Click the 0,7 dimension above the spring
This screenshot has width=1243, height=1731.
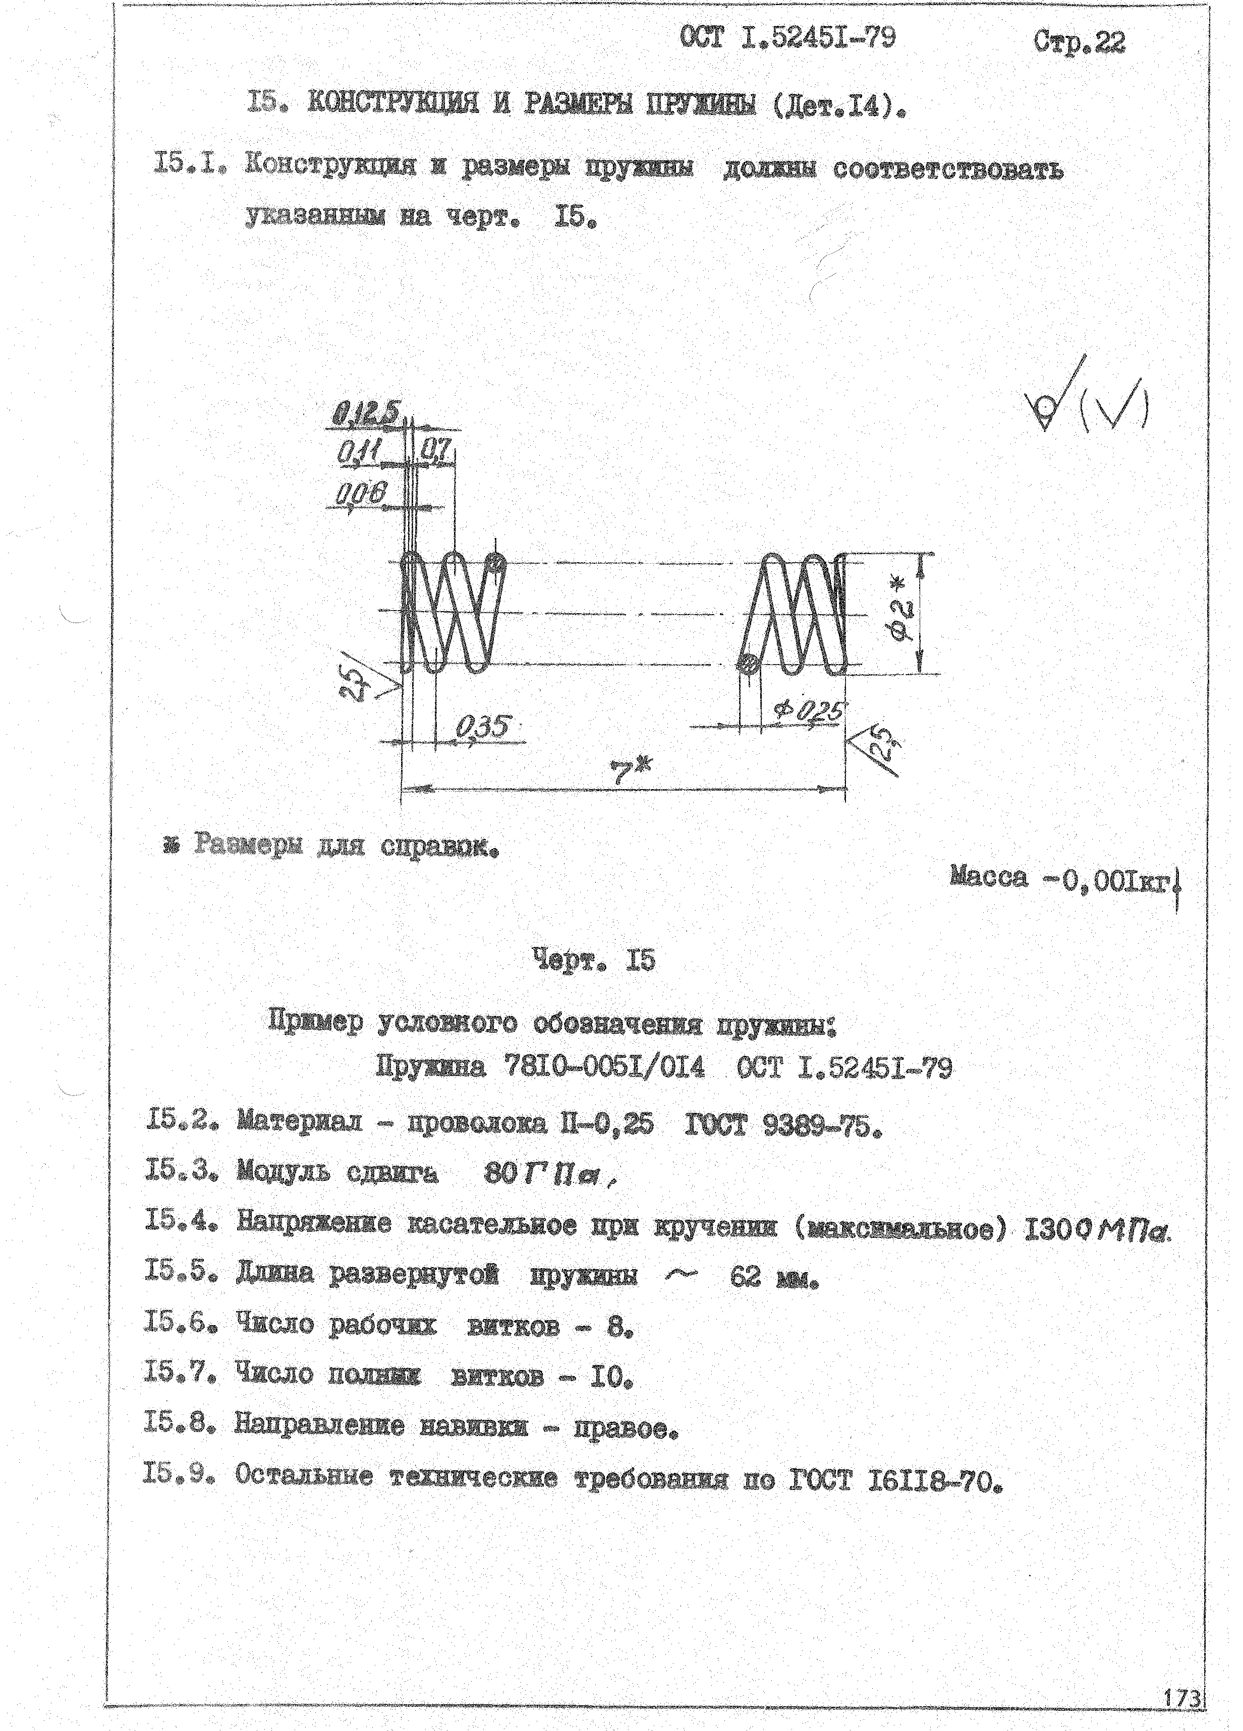coord(435,452)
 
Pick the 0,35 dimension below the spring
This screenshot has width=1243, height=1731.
coord(483,727)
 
